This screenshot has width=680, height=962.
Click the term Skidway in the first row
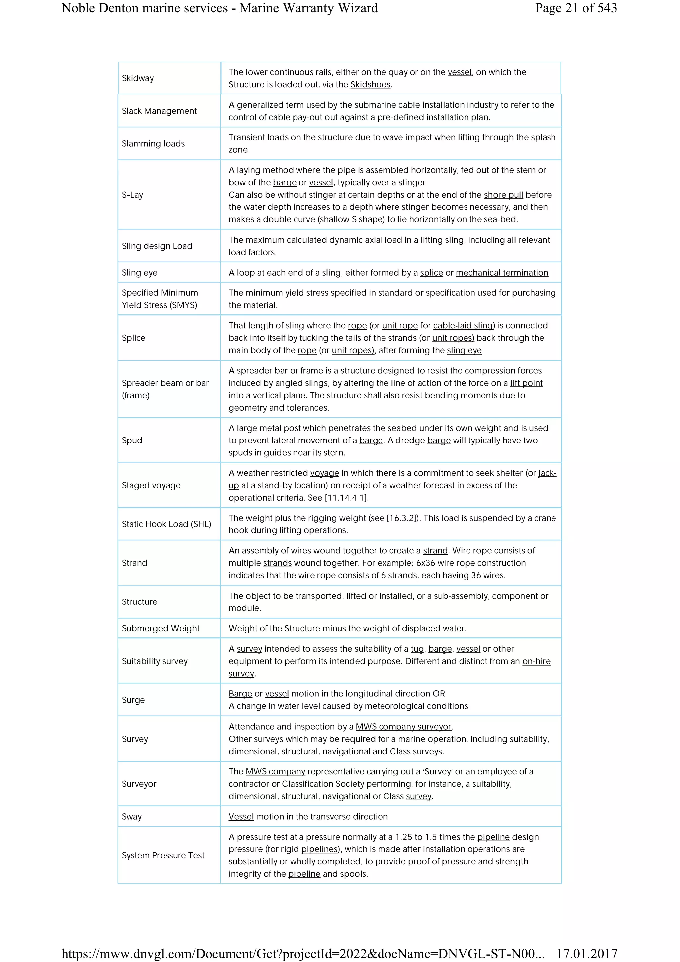[138, 78]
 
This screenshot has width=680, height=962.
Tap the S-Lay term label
[132, 195]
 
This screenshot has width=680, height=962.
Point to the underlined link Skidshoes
[370, 85]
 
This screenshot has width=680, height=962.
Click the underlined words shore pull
[503, 195]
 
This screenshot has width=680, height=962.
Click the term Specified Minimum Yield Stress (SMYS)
[160, 299]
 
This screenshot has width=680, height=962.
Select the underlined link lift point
[526, 383]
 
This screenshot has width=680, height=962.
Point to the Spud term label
[132, 441]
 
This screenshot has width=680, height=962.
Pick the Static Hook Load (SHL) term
[166, 524]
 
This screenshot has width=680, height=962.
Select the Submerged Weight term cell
[160, 628]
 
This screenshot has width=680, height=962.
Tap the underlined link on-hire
[536, 661]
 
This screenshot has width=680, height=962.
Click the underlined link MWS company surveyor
[403, 727]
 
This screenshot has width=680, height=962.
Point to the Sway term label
[131, 817]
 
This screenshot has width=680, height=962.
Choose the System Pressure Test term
[163, 855]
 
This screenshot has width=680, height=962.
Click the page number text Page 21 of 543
[576, 8]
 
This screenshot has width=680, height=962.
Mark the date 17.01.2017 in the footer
[587, 954]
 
